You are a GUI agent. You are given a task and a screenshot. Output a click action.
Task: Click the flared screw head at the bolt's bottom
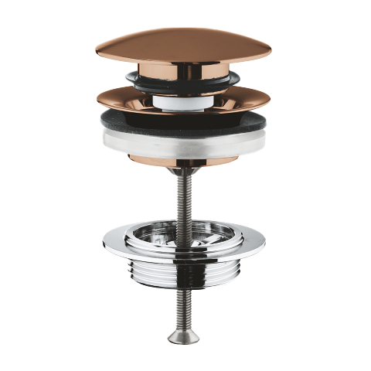point(183,337)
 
